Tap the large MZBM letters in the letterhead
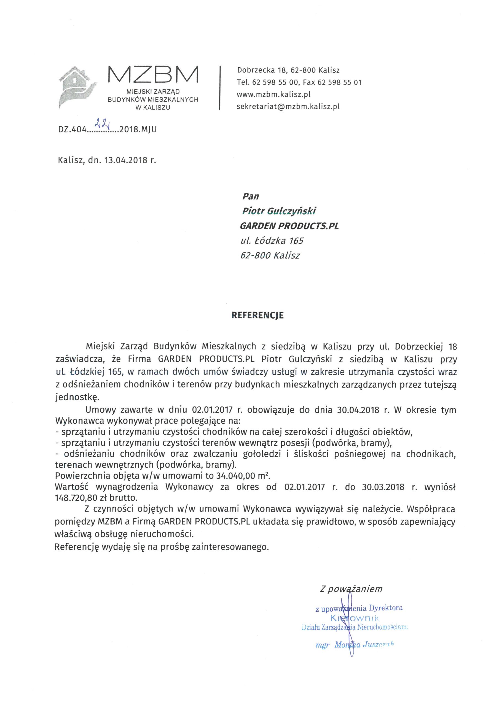point(153,75)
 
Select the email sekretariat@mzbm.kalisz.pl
point(288,107)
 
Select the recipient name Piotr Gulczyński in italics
point(279,211)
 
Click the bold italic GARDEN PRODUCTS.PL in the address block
point(289,226)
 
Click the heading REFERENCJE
point(257,315)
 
